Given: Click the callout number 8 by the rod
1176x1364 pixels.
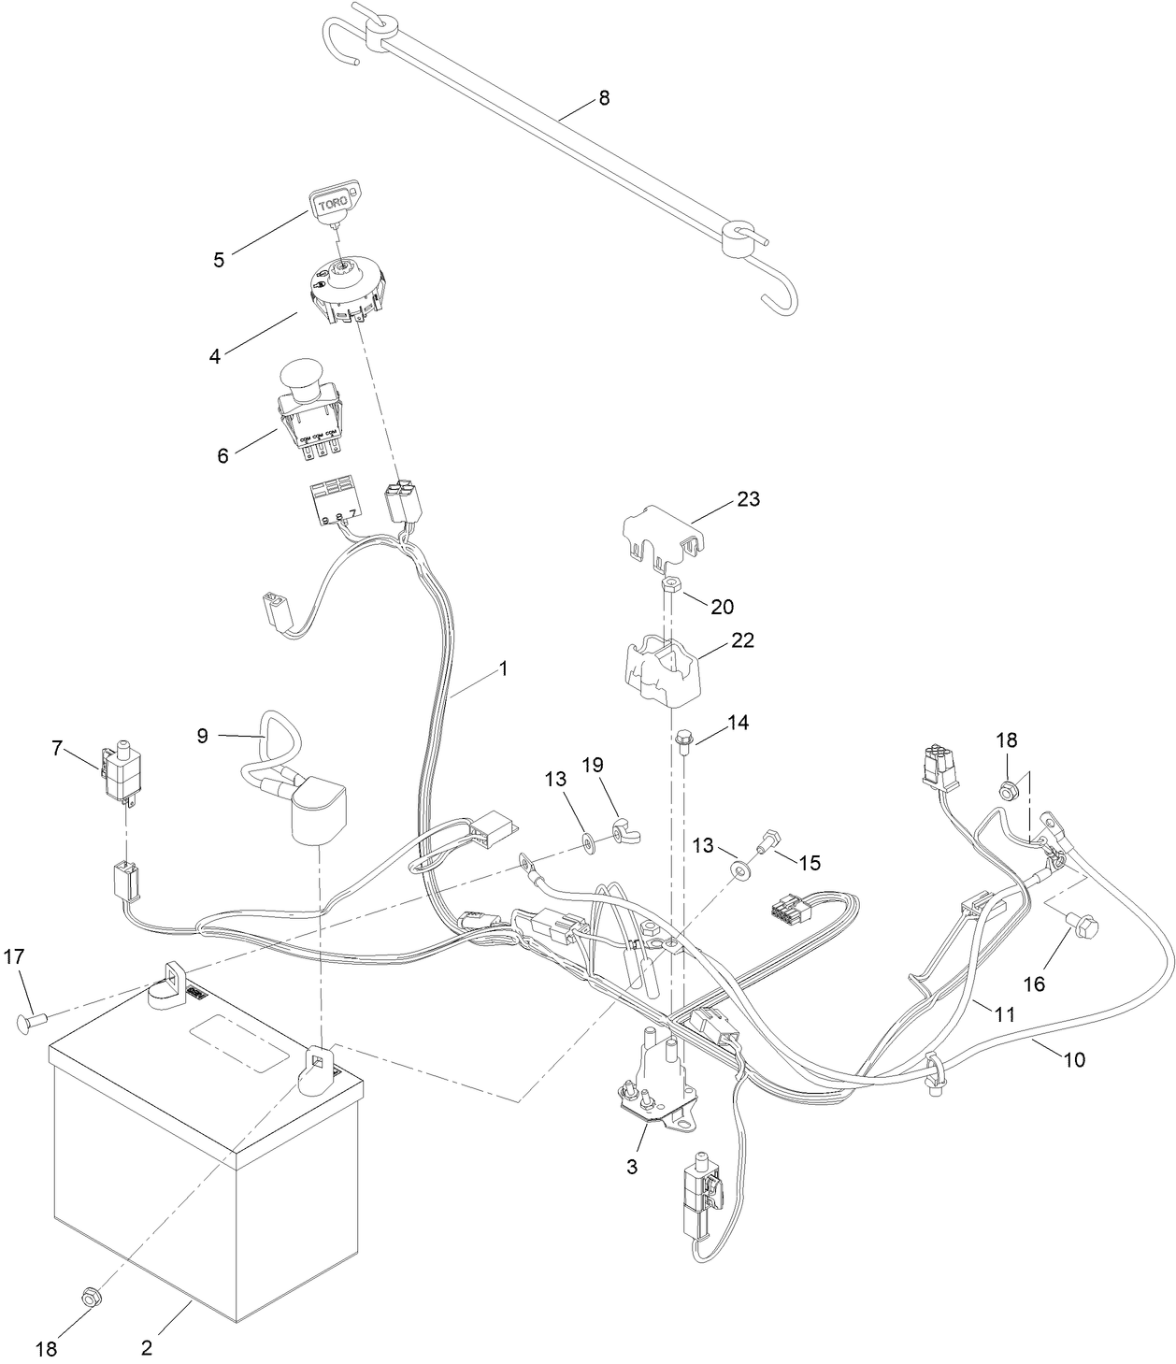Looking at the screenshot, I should coord(604,98).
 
